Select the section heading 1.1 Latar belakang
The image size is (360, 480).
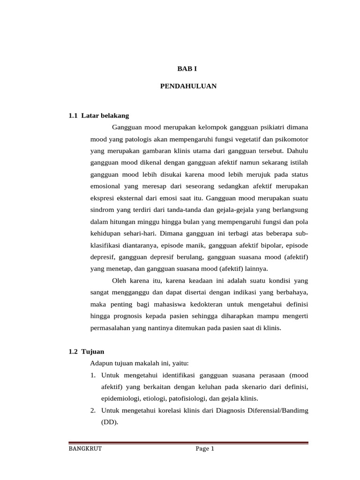(x=98, y=115)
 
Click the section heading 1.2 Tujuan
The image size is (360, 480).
(x=86, y=351)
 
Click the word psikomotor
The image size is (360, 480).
(x=292, y=139)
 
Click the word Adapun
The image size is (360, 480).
(x=101, y=363)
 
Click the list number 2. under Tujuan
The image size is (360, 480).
(x=93, y=410)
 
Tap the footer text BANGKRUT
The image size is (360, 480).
(x=85, y=449)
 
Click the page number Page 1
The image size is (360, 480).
(x=205, y=449)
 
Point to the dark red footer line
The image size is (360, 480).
(x=188, y=442)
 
